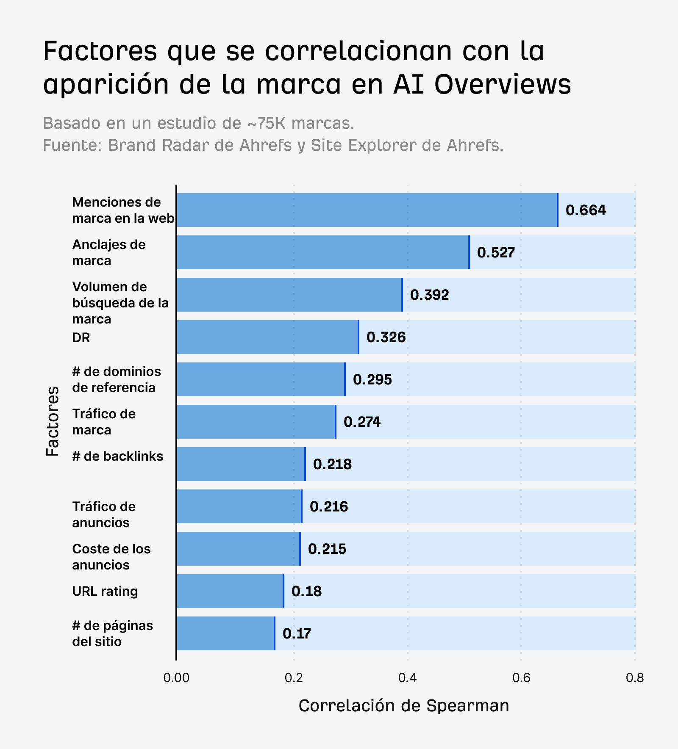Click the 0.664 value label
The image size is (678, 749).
point(586,210)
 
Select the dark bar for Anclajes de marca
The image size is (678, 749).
point(322,252)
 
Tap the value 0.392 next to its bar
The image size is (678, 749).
point(429,295)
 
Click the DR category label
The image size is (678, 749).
point(81,337)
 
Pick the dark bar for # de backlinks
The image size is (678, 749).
point(241,464)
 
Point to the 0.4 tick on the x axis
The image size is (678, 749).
point(407,678)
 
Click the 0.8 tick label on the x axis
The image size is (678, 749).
point(634,678)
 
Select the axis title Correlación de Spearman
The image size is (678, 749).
point(403,706)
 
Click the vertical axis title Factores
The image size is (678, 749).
point(53,421)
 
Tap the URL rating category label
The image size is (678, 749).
point(105,591)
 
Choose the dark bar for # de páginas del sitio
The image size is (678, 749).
point(225,633)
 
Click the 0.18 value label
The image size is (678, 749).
point(306,591)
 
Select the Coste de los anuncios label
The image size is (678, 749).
point(111,557)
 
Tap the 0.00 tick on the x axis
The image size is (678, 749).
point(176,678)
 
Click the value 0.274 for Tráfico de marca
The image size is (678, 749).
point(362,422)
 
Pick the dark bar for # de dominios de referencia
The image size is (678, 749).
point(261,379)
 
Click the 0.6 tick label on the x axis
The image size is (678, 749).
point(521,678)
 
